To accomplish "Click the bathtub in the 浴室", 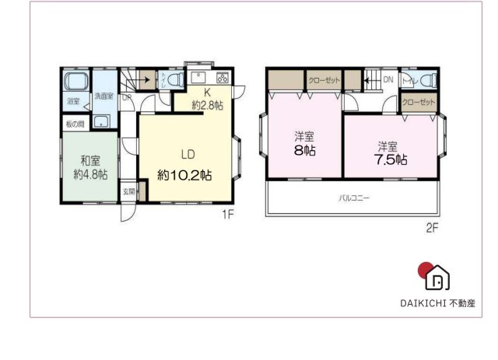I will (76, 82).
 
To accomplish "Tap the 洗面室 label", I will (103, 96).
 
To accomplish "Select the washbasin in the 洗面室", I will (103, 120).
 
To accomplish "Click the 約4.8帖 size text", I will (90, 175).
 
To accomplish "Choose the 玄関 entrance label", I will (128, 190).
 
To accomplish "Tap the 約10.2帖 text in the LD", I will (185, 176).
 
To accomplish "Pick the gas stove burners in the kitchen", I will (222, 77).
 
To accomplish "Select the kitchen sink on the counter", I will (197, 77).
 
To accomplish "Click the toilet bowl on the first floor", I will (174, 79).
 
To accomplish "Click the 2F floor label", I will (432, 228).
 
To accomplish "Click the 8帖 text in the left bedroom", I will (305, 149).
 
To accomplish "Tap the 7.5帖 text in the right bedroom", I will (391, 159).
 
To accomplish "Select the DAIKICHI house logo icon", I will (438, 278).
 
